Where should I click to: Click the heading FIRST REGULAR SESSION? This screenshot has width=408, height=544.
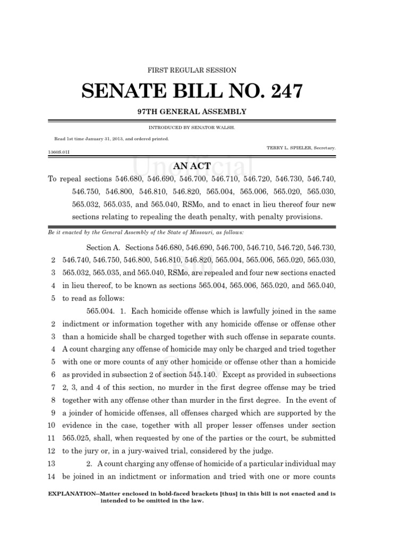pos(191,70)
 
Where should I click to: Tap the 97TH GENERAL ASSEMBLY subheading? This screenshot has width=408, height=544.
pos(191,112)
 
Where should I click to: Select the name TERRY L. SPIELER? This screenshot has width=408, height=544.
pos(287,147)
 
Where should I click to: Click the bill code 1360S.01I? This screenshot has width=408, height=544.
pos(58,151)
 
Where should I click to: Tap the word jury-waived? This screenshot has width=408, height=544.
pos(136,451)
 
